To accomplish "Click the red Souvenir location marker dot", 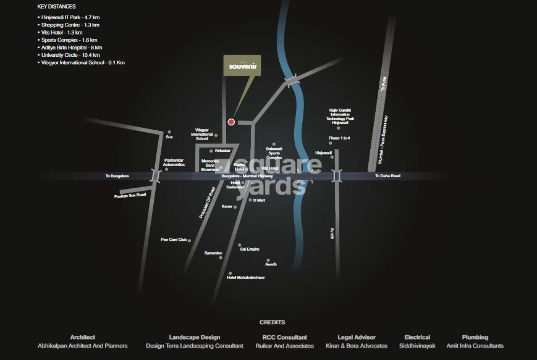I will (x=231, y=122).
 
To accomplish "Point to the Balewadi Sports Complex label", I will (x=274, y=153).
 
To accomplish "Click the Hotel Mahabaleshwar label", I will (x=246, y=278).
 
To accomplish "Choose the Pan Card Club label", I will (x=174, y=240).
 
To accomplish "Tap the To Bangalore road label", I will (x=117, y=176).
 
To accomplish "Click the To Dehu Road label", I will (x=387, y=176).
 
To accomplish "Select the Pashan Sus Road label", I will (x=130, y=196).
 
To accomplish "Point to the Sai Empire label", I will (x=249, y=249).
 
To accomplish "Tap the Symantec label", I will (x=213, y=253).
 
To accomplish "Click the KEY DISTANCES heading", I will (x=57, y=6).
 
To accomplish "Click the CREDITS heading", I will (x=272, y=322).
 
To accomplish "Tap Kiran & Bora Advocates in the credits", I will (x=357, y=346).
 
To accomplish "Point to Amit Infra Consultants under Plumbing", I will (x=475, y=346).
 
